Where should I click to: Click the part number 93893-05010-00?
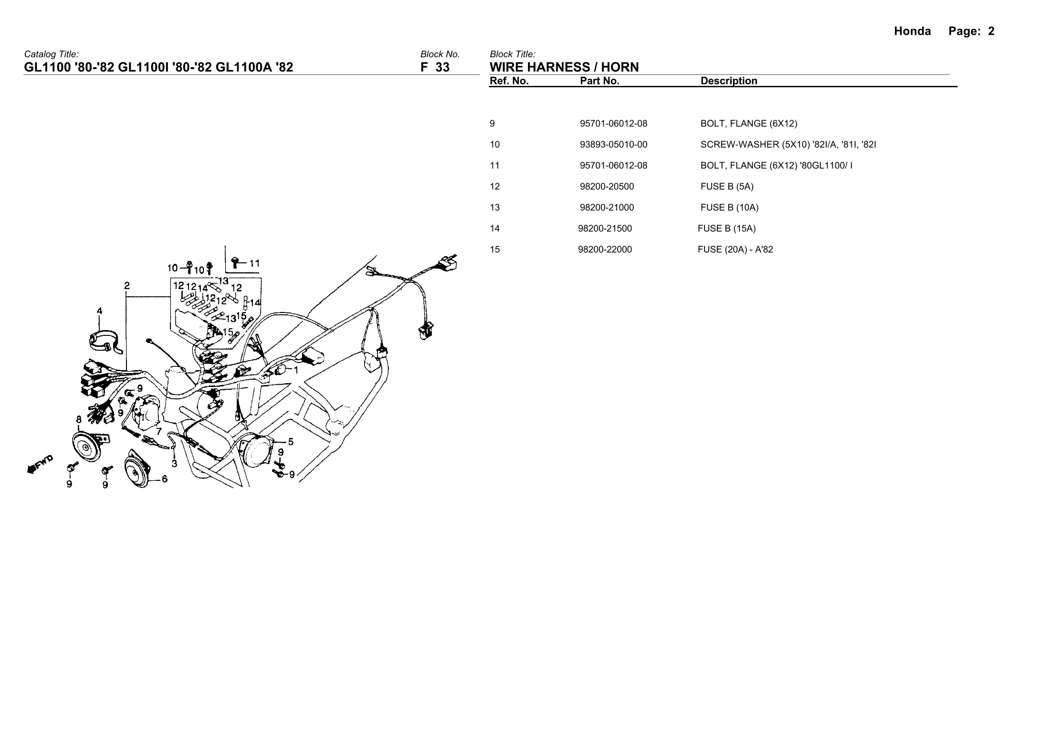tap(613, 145)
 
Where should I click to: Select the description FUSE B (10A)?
tap(729, 207)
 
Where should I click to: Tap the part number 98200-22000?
tap(605, 249)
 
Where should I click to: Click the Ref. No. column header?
tap(509, 81)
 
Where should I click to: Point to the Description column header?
tap(728, 81)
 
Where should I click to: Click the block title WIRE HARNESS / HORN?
tap(564, 67)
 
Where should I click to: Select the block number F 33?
tap(435, 67)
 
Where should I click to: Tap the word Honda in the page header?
tap(912, 31)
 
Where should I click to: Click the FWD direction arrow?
tap(40, 464)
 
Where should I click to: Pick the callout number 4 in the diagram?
tap(99, 311)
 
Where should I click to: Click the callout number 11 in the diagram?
tap(254, 263)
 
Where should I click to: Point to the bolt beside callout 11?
tap(236, 261)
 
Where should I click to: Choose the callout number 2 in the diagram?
tap(126, 286)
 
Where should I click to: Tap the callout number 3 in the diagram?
tap(174, 463)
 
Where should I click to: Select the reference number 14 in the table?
tap(494, 228)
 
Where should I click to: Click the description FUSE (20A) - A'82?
tap(735, 249)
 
